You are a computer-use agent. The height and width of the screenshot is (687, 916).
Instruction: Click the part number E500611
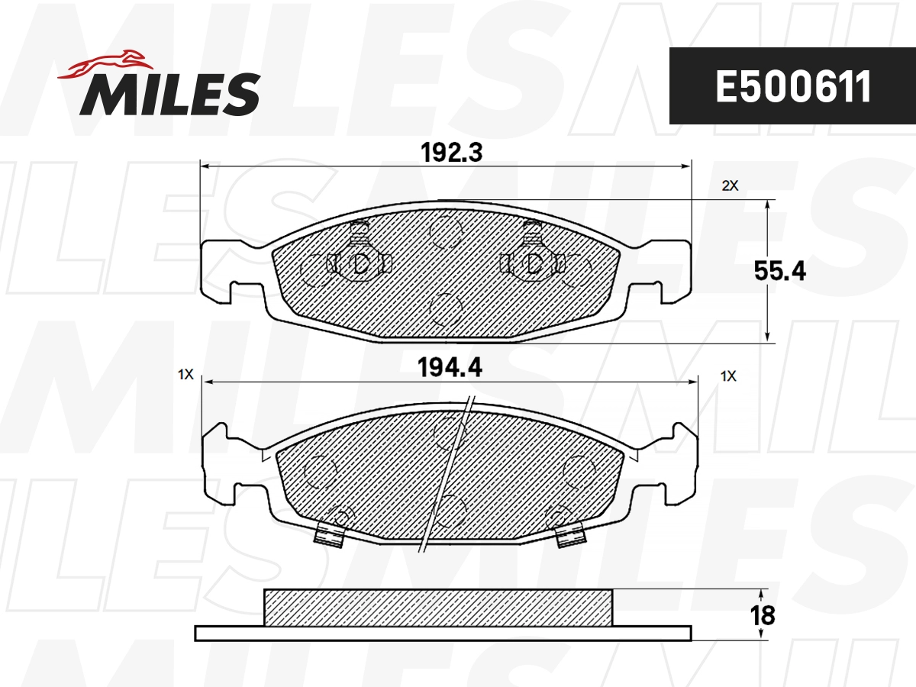pyautogui.click(x=792, y=87)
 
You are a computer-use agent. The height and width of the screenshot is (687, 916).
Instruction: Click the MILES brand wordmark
pyautogui.click(x=169, y=95)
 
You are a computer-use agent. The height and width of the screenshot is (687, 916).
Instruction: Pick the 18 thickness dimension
pyautogui.click(x=763, y=615)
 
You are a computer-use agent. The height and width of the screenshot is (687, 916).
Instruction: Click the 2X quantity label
pyautogui.click(x=731, y=185)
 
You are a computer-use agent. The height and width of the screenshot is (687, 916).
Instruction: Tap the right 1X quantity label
pyautogui.click(x=729, y=375)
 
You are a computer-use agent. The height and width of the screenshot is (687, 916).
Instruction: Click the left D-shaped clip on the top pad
pyautogui.click(x=360, y=263)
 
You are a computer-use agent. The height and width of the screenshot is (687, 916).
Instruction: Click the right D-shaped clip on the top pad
pyautogui.click(x=534, y=263)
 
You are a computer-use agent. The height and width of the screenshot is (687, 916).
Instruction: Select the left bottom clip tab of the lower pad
pyautogui.click(x=329, y=536)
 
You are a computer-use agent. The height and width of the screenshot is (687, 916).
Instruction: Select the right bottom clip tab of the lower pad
pyautogui.click(x=568, y=536)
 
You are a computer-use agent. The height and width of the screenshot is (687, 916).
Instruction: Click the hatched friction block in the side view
pyautogui.click(x=437, y=607)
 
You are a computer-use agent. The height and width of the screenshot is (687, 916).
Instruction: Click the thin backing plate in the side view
pyautogui.click(x=443, y=633)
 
